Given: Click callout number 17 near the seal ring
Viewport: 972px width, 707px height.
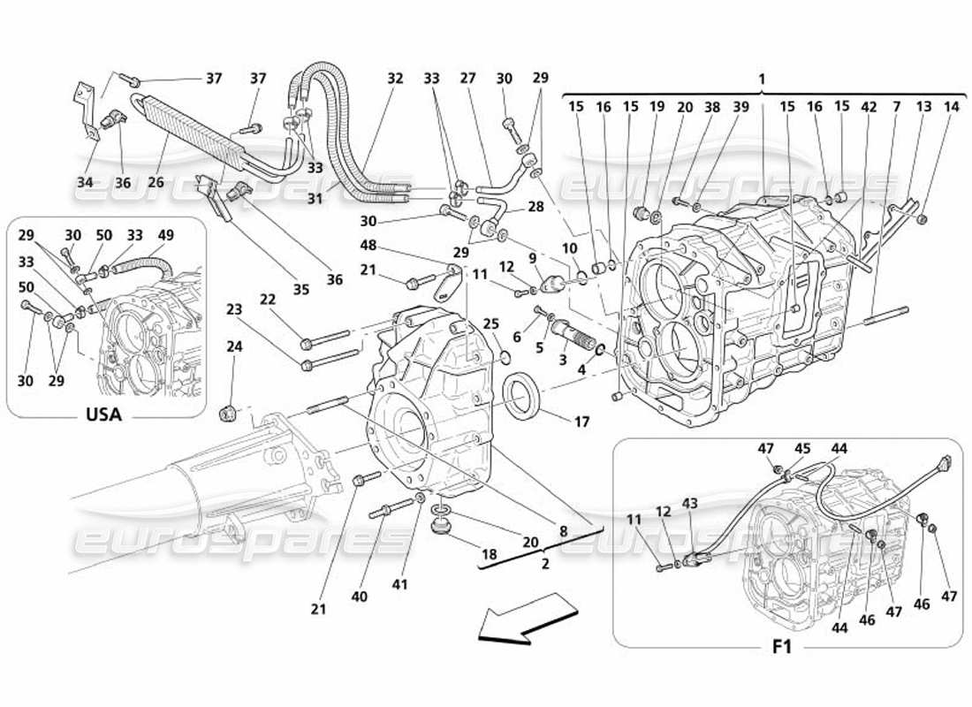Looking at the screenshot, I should point(581,423).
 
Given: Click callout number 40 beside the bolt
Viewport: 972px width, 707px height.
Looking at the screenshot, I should point(358,597).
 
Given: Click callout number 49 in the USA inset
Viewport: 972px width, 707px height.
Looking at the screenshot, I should point(167,235).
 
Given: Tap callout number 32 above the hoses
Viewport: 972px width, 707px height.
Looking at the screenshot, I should point(394,79).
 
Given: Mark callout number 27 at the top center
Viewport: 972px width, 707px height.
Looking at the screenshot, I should point(467,79).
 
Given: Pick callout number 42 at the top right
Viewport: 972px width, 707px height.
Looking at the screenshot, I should point(869,107).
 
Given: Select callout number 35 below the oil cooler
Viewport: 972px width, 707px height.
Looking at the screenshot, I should point(302,289).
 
